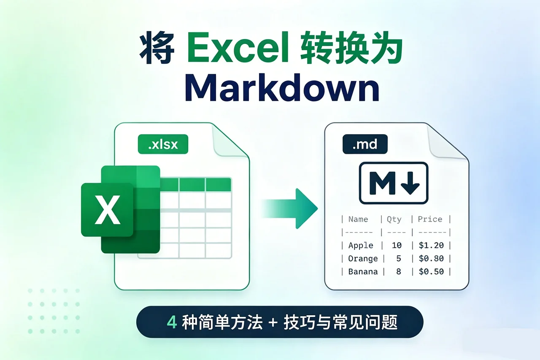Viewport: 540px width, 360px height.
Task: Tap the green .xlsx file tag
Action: click(x=163, y=145)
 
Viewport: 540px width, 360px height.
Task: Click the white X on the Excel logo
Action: click(x=107, y=210)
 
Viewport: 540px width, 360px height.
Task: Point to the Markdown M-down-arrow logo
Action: click(x=393, y=183)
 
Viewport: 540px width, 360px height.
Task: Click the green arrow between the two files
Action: click(x=291, y=208)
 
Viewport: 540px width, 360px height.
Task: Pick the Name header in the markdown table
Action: click(x=358, y=219)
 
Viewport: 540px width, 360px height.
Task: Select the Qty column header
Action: click(x=394, y=219)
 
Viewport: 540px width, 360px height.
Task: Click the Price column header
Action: click(x=429, y=219)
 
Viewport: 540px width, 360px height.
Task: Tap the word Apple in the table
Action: click(x=361, y=245)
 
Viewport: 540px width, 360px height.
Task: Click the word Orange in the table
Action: click(x=363, y=258)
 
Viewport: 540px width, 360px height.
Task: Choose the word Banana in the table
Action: click(x=363, y=271)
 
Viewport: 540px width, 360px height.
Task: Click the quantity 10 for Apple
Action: click(x=396, y=245)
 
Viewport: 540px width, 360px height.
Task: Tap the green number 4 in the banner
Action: click(x=172, y=322)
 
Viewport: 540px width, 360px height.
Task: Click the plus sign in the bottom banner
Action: click(x=274, y=323)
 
